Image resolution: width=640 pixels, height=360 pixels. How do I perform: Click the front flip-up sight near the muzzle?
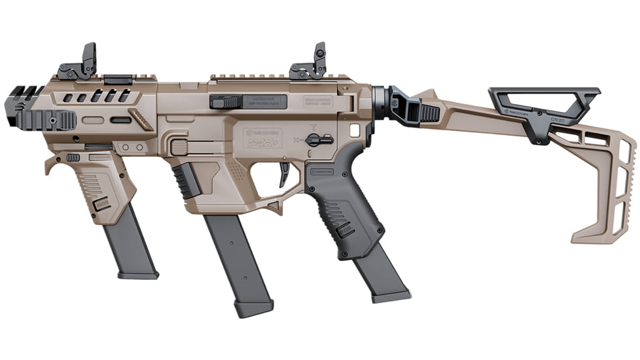(x=80, y=63)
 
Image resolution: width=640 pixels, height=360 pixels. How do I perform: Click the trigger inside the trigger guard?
(x=285, y=173)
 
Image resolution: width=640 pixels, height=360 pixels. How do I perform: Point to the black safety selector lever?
(x=319, y=139)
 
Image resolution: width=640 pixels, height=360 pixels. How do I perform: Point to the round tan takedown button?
(x=175, y=146)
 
